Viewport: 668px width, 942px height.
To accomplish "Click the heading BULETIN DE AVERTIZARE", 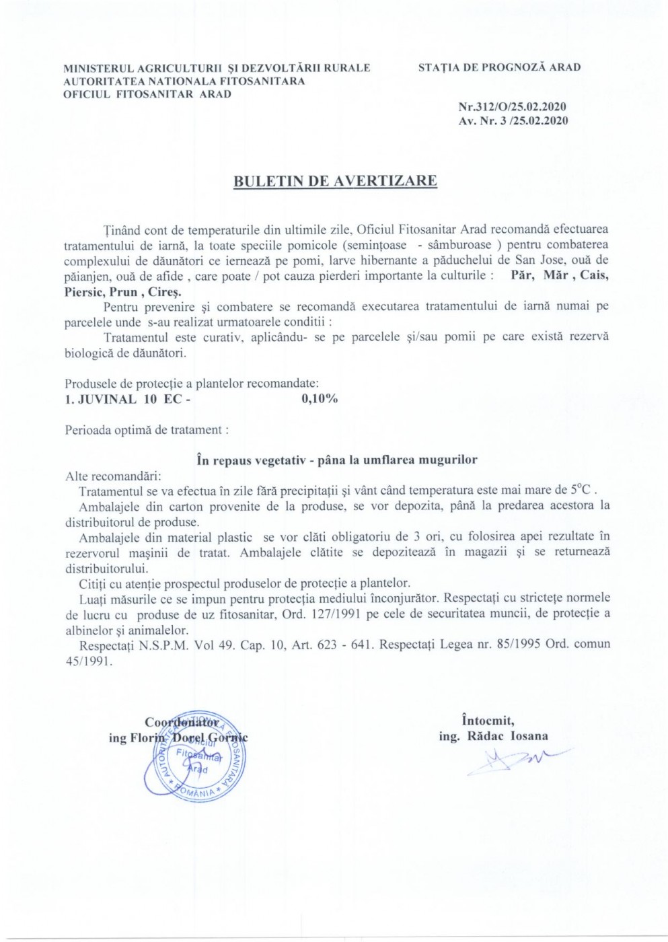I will pos(335,182).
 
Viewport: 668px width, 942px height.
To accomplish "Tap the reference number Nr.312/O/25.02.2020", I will pos(512,107).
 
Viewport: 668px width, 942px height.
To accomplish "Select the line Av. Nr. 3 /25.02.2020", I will pos(513,121).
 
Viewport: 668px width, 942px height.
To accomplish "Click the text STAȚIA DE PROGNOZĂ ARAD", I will pos(499,67).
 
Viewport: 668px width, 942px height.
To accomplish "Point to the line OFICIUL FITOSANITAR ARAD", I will pos(147,94).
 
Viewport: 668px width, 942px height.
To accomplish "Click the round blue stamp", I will pos(194,757).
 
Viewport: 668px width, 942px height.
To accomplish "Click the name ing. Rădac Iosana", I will pos(493,736).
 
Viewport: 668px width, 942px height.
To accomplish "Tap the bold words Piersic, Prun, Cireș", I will pos(122,292).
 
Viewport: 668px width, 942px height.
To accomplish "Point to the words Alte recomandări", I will pos(109,476).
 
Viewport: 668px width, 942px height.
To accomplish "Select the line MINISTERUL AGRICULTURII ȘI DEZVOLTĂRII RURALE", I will pos(217,67).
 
